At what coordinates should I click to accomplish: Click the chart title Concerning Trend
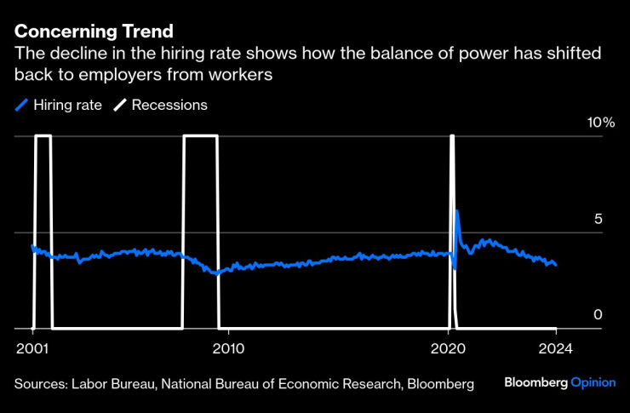click(94, 32)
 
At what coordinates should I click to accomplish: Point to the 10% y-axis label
click(600, 123)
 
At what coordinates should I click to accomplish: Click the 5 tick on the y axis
click(598, 219)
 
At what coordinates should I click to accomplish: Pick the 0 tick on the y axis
click(598, 315)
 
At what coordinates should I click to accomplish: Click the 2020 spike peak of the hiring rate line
click(457, 210)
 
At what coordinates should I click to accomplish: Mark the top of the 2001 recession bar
click(43, 136)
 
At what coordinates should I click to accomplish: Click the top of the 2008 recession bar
click(201, 136)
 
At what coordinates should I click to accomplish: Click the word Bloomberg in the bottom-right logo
click(535, 383)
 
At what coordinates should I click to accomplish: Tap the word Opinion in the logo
click(593, 383)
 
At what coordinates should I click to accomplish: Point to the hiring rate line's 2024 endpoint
click(556, 265)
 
